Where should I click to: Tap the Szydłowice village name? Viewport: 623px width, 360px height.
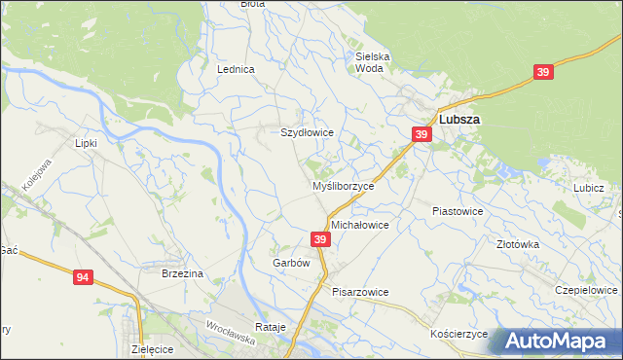[308, 132]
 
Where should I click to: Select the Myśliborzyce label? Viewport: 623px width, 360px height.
[343, 186]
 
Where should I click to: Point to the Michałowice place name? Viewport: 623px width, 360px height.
[360, 225]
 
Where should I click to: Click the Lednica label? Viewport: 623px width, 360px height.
[237, 70]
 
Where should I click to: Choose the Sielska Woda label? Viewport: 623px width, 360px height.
[373, 62]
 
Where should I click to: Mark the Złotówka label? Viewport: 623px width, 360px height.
[518, 245]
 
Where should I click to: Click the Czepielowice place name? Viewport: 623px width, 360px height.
[586, 291]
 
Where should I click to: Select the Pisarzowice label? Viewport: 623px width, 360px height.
[360, 292]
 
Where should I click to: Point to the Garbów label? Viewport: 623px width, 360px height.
[291, 263]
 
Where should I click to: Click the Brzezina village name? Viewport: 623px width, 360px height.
[182, 274]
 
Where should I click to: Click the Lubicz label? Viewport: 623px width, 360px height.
[589, 188]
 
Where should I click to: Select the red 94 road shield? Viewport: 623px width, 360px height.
[84, 278]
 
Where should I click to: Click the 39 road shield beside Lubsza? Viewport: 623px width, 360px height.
[421, 134]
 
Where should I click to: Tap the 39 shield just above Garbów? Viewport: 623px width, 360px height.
[320, 238]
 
